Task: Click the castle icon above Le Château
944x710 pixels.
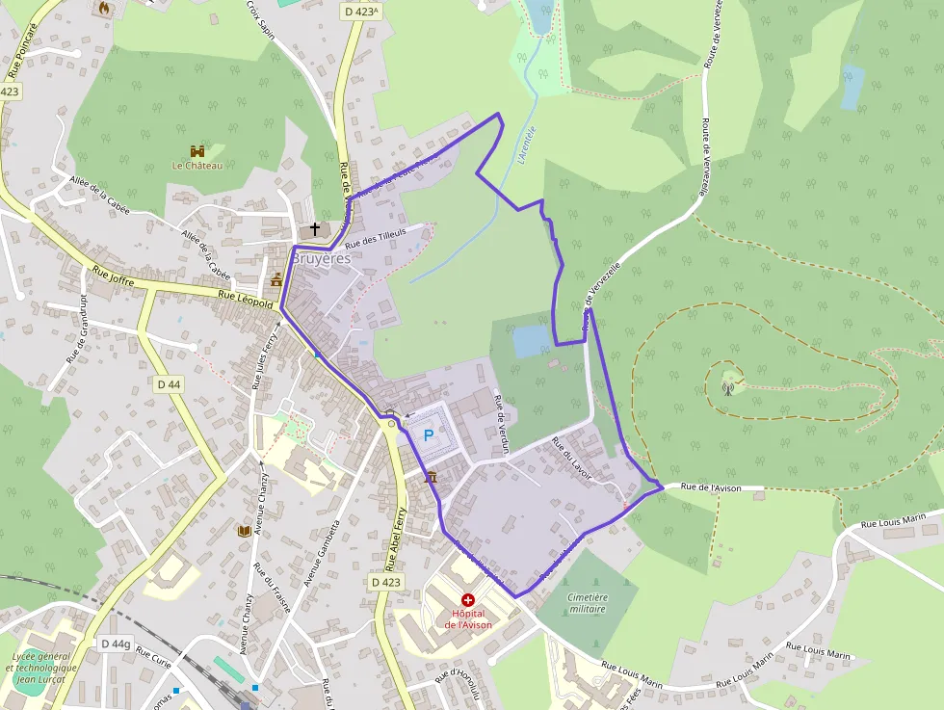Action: click(x=197, y=150)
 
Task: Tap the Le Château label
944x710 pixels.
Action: click(x=197, y=166)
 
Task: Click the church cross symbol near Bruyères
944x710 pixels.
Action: click(x=315, y=230)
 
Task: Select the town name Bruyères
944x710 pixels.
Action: click(x=322, y=259)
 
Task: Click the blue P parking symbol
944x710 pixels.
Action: click(x=429, y=434)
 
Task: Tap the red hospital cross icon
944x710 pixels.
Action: click(x=468, y=599)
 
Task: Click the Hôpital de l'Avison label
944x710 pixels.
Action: click(x=468, y=618)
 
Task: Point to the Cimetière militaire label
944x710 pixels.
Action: click(x=588, y=603)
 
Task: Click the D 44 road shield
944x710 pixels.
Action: click(x=168, y=384)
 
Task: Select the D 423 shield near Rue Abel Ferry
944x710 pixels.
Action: click(x=385, y=582)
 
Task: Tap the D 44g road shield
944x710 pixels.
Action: click(x=115, y=644)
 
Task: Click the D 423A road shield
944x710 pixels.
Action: click(x=361, y=12)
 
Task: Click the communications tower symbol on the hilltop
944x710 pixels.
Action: click(x=728, y=389)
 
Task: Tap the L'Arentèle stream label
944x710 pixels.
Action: click(x=525, y=146)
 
